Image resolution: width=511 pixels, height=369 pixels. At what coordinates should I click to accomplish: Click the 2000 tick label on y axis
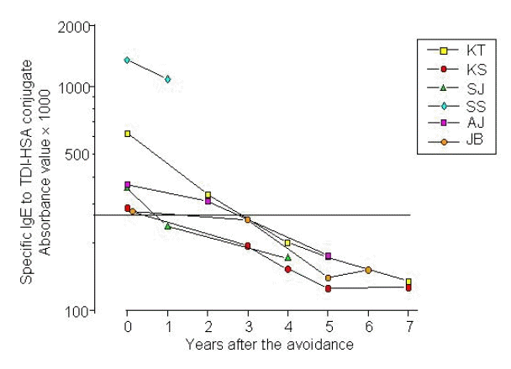(x=77, y=27)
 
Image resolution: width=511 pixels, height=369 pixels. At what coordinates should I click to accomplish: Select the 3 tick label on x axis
(x=248, y=326)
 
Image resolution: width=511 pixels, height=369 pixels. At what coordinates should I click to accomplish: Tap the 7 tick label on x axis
(x=408, y=326)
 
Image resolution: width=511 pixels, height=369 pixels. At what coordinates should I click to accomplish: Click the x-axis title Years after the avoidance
(x=267, y=344)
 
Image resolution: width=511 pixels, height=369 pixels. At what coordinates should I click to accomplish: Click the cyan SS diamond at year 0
(x=127, y=60)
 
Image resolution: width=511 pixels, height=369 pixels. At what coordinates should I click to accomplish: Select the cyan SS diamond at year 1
(x=168, y=79)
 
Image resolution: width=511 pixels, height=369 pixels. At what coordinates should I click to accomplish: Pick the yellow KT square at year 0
(x=128, y=134)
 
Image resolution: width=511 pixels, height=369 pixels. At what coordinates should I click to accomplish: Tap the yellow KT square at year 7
(x=408, y=282)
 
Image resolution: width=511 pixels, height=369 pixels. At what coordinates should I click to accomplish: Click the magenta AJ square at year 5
(x=329, y=256)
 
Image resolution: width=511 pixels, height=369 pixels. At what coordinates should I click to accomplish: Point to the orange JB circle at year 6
(x=368, y=270)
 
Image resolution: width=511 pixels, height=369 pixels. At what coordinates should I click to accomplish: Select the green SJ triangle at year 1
(x=168, y=225)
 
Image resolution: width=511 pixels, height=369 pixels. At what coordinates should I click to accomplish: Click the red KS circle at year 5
(x=328, y=288)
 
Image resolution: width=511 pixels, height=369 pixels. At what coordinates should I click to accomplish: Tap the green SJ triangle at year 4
(x=288, y=257)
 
